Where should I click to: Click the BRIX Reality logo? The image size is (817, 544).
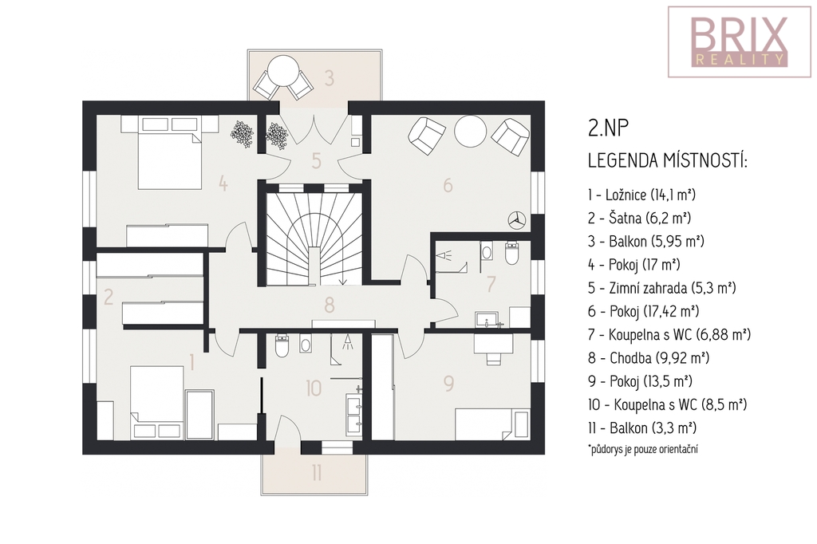tap(740, 42)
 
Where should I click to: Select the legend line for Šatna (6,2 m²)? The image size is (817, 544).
tap(639, 218)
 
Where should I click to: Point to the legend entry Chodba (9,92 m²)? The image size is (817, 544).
tap(649, 358)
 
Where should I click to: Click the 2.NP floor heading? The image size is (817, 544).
tap(608, 128)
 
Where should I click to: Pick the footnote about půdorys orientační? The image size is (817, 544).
tap(643, 448)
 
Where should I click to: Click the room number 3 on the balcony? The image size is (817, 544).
tap(329, 78)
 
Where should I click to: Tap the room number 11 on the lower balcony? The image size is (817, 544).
tap(317, 473)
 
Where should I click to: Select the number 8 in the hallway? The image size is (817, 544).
tap(329, 305)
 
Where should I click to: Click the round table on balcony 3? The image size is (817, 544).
tap(282, 71)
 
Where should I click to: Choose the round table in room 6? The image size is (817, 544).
tap(470, 131)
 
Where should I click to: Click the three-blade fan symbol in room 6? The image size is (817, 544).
tap(517, 219)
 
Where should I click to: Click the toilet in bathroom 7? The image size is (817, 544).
tap(512, 252)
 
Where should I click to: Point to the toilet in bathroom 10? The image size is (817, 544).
tap(282, 346)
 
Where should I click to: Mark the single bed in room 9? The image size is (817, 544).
tap(491, 424)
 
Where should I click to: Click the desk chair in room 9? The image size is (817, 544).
tap(493, 357)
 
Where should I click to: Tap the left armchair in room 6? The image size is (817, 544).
tap(426, 136)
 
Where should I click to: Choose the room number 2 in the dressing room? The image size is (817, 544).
tap(109, 297)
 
